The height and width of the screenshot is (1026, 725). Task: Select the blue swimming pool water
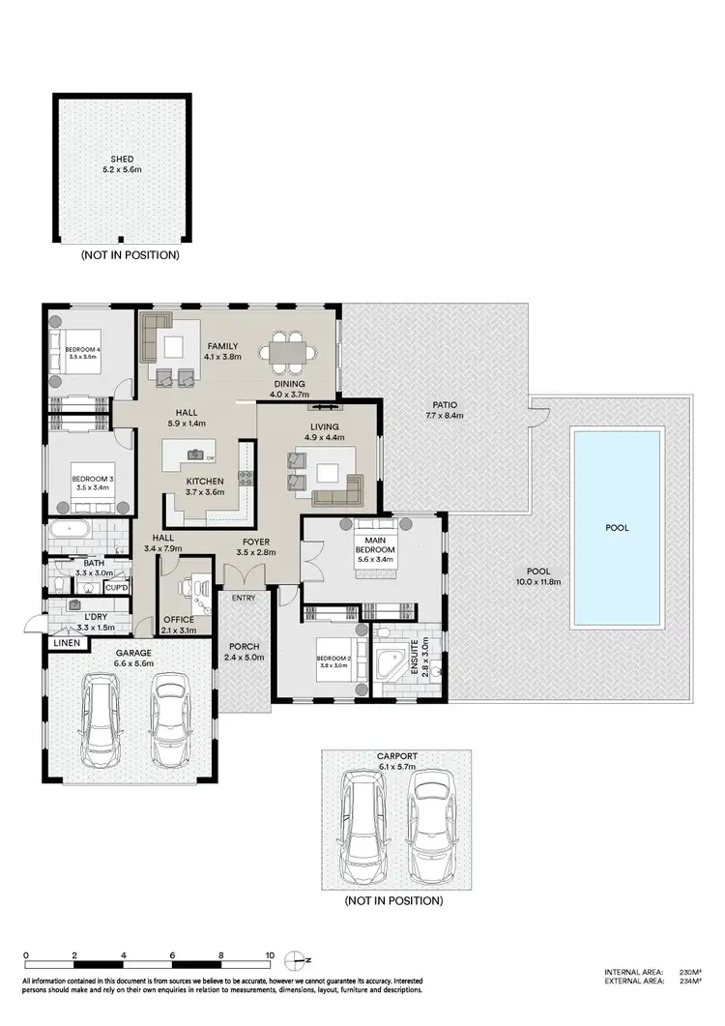coord(617,527)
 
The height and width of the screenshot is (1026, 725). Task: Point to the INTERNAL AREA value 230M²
coord(689,972)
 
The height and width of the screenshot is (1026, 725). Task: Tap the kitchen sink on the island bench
coord(198,454)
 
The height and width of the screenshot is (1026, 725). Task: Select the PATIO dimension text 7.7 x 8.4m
coord(445,417)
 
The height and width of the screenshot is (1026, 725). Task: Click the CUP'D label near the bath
coord(117,587)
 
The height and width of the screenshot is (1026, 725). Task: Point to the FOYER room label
coord(256,542)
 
